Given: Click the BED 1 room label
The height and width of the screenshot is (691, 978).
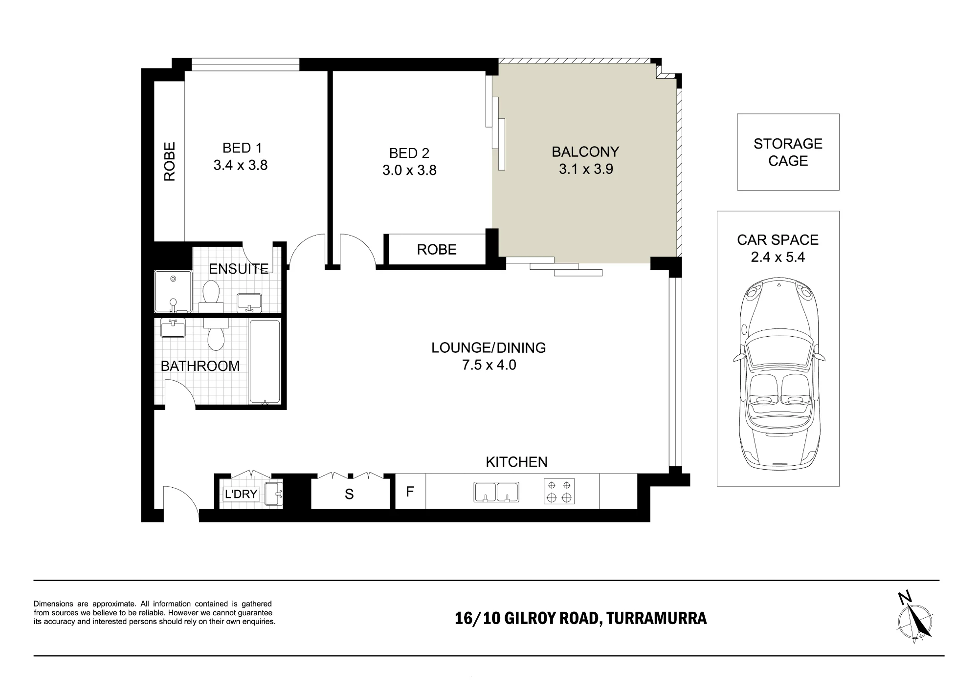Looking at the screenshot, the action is (x=242, y=148).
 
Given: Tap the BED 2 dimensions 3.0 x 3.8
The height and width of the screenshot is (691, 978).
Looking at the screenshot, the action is (x=409, y=170).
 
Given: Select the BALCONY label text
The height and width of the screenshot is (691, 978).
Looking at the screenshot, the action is (x=585, y=152).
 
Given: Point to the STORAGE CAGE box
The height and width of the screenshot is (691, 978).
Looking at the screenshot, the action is (x=788, y=152).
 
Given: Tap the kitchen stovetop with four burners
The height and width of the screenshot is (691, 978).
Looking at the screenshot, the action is (x=559, y=492).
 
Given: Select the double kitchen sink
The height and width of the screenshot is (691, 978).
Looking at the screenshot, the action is (x=496, y=492).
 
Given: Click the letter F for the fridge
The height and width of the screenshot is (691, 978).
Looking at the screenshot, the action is (x=410, y=491).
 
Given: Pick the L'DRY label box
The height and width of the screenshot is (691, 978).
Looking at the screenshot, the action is (x=241, y=494).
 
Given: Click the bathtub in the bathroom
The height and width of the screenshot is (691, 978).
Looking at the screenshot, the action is (x=265, y=362).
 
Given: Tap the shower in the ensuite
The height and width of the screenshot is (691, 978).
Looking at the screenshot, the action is (x=173, y=291).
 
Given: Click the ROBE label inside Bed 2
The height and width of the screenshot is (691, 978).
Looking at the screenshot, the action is (x=437, y=250).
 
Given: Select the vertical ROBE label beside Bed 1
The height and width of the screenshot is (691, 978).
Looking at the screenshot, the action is (x=169, y=162).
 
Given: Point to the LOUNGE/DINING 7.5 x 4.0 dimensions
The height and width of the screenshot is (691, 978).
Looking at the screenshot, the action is (x=489, y=365).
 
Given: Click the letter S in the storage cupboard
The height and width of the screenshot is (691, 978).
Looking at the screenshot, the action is (x=349, y=495).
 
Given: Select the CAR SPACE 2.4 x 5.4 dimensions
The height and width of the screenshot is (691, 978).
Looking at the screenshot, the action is (x=778, y=257).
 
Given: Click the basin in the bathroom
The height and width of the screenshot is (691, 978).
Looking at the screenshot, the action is (x=173, y=327).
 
